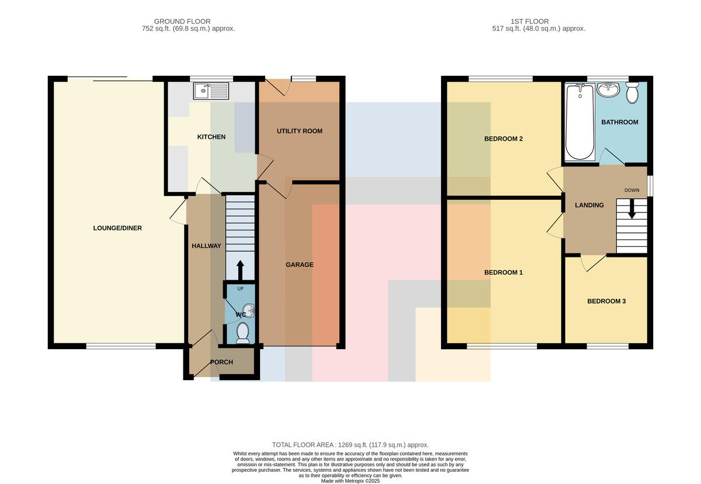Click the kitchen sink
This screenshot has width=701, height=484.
[211, 90]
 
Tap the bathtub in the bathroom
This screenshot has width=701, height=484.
[580, 121]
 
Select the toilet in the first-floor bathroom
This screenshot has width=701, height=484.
[633, 93]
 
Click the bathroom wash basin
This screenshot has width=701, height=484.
[608, 89]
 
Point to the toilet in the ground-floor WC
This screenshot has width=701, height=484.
[242, 333]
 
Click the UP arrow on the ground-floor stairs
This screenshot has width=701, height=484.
[240, 270]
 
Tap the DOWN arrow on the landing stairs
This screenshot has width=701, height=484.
[632, 208]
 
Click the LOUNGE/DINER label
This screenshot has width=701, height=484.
[117, 228]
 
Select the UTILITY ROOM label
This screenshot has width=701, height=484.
[300, 131]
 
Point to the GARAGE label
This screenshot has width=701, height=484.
[300, 264]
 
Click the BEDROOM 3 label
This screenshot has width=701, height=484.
[606, 301]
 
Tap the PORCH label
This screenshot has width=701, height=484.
[221, 362]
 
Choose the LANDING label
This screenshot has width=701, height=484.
[589, 206]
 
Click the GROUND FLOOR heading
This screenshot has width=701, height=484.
[182, 22]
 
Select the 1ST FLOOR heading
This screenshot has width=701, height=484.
[529, 22]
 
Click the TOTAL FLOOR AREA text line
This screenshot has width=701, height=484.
[350, 445]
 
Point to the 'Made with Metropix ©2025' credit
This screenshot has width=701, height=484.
[350, 481]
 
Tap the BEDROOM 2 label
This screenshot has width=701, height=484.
[504, 138]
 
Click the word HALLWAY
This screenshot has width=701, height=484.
[206, 246]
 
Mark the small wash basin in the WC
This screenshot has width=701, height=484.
[250, 311]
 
